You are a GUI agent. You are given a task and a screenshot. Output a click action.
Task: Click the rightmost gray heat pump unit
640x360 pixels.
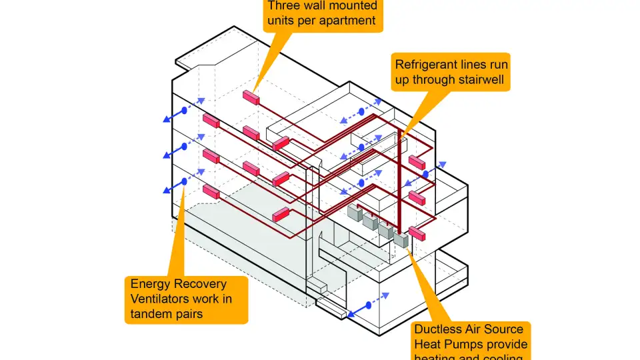[x=401, y=238]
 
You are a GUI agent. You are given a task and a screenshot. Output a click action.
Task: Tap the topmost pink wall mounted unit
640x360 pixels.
[x=251, y=97]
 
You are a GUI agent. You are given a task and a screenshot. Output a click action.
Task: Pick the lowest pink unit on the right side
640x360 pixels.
[x=417, y=233]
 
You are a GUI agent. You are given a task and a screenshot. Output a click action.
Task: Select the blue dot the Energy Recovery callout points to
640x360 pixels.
[x=184, y=181]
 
